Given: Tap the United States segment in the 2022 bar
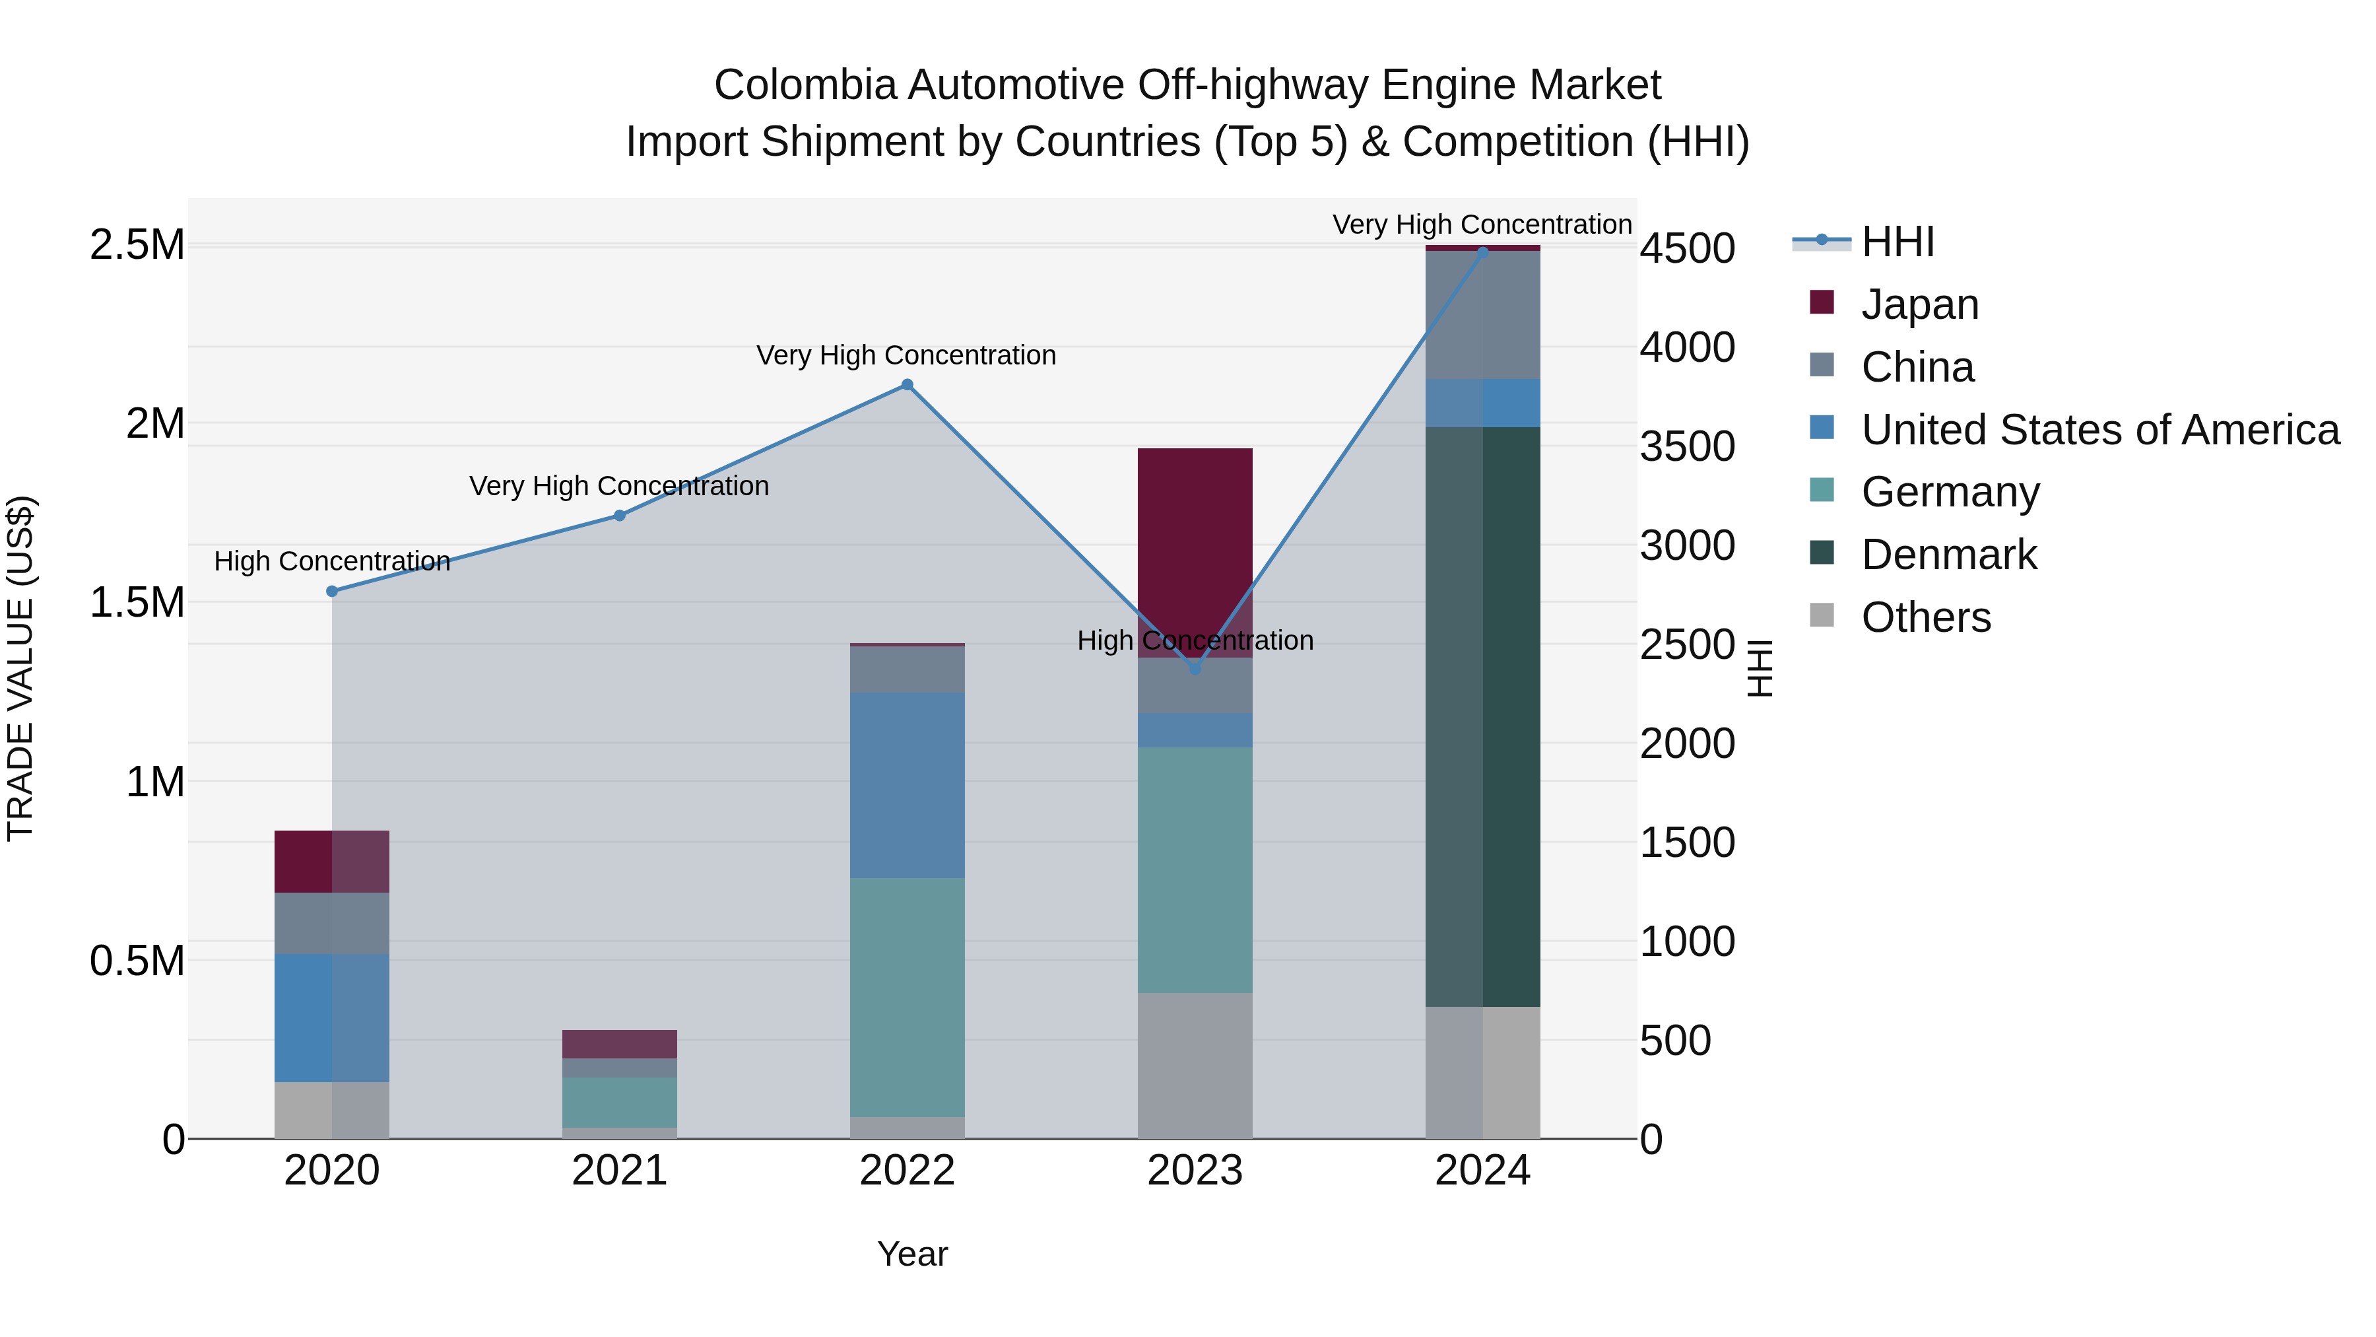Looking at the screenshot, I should (907, 784).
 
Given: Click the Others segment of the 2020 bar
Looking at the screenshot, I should (332, 1109).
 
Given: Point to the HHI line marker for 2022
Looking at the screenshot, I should (907, 385).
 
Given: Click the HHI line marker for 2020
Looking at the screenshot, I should (332, 592).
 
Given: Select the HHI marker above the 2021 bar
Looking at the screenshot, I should (620, 516).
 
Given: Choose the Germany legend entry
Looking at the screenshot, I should (1949, 492).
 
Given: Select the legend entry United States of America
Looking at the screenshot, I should (2099, 430).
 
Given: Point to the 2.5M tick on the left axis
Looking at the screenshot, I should (137, 246).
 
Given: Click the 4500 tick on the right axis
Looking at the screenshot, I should (1687, 248).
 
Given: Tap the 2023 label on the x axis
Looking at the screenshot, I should (1195, 1171).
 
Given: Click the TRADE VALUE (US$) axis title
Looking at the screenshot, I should (20, 668).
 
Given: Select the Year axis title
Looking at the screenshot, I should (912, 1254).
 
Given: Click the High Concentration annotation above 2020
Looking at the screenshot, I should (332, 561).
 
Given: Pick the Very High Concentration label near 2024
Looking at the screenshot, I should (1481, 224).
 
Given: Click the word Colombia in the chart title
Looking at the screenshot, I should (805, 85).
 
